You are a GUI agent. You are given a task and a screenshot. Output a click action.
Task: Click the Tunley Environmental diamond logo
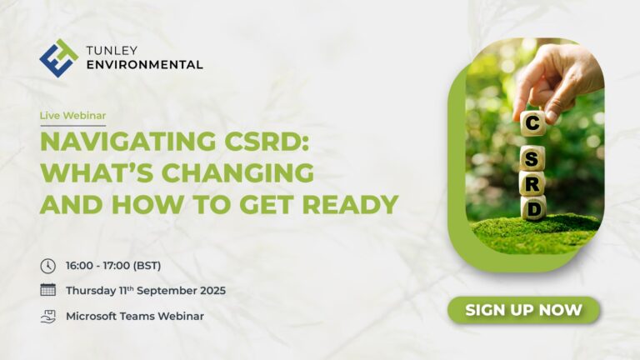pyautogui.click(x=59, y=58)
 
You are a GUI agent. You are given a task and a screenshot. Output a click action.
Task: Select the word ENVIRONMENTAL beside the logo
pyautogui.click(x=144, y=64)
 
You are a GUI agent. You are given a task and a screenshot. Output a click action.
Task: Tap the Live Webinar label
pyautogui.click(x=72, y=116)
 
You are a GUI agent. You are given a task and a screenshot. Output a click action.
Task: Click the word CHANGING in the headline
pyautogui.click(x=238, y=172)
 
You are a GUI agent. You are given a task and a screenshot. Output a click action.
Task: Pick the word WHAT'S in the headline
pyautogui.click(x=97, y=172)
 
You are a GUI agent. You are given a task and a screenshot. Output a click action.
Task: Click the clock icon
pyautogui.click(x=48, y=266)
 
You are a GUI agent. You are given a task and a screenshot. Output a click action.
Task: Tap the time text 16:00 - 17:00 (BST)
pyautogui.click(x=113, y=266)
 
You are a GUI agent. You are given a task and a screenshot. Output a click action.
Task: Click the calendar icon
pyautogui.click(x=48, y=289)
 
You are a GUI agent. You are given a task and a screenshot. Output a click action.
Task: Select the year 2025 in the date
pyautogui.click(x=212, y=291)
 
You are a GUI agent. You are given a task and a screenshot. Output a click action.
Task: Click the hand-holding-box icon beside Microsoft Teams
pyautogui.click(x=48, y=317)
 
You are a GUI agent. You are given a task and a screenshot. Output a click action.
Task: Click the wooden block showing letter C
pyautogui.click(x=532, y=122)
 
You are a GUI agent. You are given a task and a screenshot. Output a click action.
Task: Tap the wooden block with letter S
pyautogui.click(x=532, y=158)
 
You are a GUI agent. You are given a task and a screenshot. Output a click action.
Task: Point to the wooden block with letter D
pyautogui.click(x=533, y=208)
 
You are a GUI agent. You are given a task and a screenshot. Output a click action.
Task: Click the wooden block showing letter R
pyautogui.click(x=532, y=183)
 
